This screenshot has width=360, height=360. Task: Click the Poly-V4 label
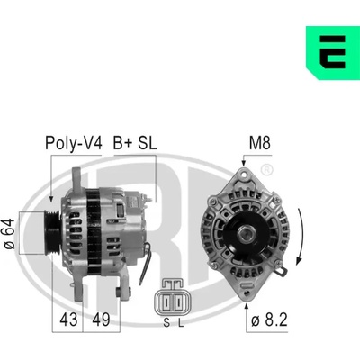tap(74, 143)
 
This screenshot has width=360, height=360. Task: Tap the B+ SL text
tap(135, 143)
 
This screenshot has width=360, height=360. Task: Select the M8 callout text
tap(260, 143)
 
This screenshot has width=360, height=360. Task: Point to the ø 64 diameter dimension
tap(10, 234)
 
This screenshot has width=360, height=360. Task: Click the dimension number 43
tap(68, 319)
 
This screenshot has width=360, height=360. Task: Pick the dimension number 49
tap(101, 319)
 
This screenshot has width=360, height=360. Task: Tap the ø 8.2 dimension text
tap(269, 319)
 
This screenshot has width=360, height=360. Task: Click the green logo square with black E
tap(333, 53)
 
